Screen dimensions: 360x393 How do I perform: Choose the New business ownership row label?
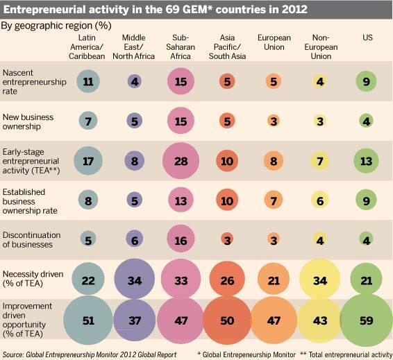28,121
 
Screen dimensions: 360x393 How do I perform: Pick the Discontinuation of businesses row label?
32,240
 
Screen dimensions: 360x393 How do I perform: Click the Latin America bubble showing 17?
88,161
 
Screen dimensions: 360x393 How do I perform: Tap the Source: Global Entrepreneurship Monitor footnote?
89,354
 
